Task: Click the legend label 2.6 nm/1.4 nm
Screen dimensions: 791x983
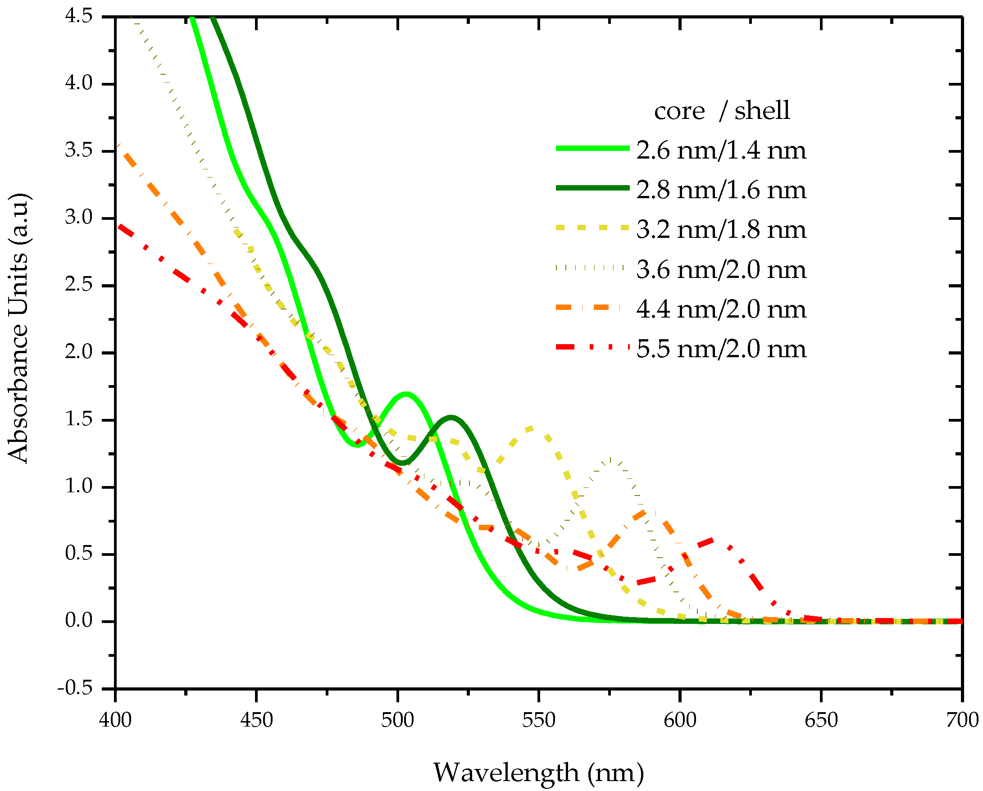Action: (x=721, y=150)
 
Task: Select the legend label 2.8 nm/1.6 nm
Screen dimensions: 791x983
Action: (x=721, y=190)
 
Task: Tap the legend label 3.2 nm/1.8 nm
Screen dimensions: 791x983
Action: (x=721, y=230)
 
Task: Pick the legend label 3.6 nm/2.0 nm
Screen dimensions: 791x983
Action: (x=721, y=270)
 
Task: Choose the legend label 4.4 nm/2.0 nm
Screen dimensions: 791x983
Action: (x=721, y=309)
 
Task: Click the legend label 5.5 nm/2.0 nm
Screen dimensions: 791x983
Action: (x=721, y=349)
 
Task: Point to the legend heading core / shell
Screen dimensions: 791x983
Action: (x=721, y=111)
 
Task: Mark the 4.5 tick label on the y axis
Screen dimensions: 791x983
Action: (x=78, y=16)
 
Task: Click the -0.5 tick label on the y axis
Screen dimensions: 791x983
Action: (x=75, y=687)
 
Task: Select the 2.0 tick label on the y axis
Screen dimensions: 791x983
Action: (x=78, y=352)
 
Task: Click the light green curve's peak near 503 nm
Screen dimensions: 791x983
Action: (x=406, y=393)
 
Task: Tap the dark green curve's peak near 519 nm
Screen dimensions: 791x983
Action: (x=451, y=417)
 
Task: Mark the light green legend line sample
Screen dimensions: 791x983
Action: (x=592, y=148)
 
